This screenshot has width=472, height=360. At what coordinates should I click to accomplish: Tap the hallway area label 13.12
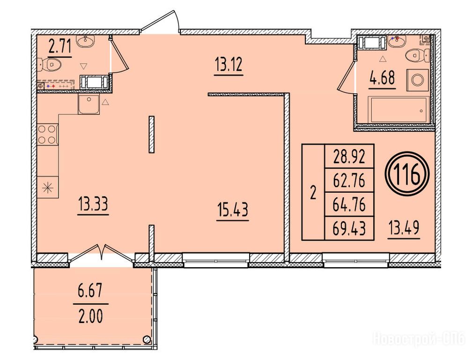pyautogui.click(x=229, y=65)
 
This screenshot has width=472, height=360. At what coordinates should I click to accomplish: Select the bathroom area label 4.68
pyautogui.click(x=382, y=78)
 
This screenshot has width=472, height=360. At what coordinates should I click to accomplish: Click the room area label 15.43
pyautogui.click(x=233, y=210)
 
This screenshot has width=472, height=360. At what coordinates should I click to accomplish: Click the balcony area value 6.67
pyautogui.click(x=90, y=292)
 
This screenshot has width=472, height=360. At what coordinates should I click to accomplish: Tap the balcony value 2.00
pyautogui.click(x=90, y=316)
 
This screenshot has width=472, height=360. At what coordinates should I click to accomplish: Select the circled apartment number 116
pyautogui.click(x=407, y=174)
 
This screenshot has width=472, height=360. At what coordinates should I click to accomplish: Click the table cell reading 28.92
pyautogui.click(x=349, y=157)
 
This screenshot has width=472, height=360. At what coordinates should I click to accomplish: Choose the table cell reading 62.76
pyautogui.click(x=349, y=180)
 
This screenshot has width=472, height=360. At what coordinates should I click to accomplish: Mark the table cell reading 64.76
pyautogui.click(x=349, y=204)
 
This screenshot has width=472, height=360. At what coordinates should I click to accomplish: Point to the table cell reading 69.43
pyautogui.click(x=349, y=228)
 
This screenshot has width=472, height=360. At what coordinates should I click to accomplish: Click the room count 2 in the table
pyautogui.click(x=313, y=193)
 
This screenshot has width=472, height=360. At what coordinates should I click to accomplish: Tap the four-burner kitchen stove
pyautogui.click(x=48, y=135)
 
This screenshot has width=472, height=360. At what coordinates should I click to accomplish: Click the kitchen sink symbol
pyautogui.click(x=89, y=104)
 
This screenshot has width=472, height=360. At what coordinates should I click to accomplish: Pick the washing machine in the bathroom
pyautogui.click(x=418, y=80)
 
